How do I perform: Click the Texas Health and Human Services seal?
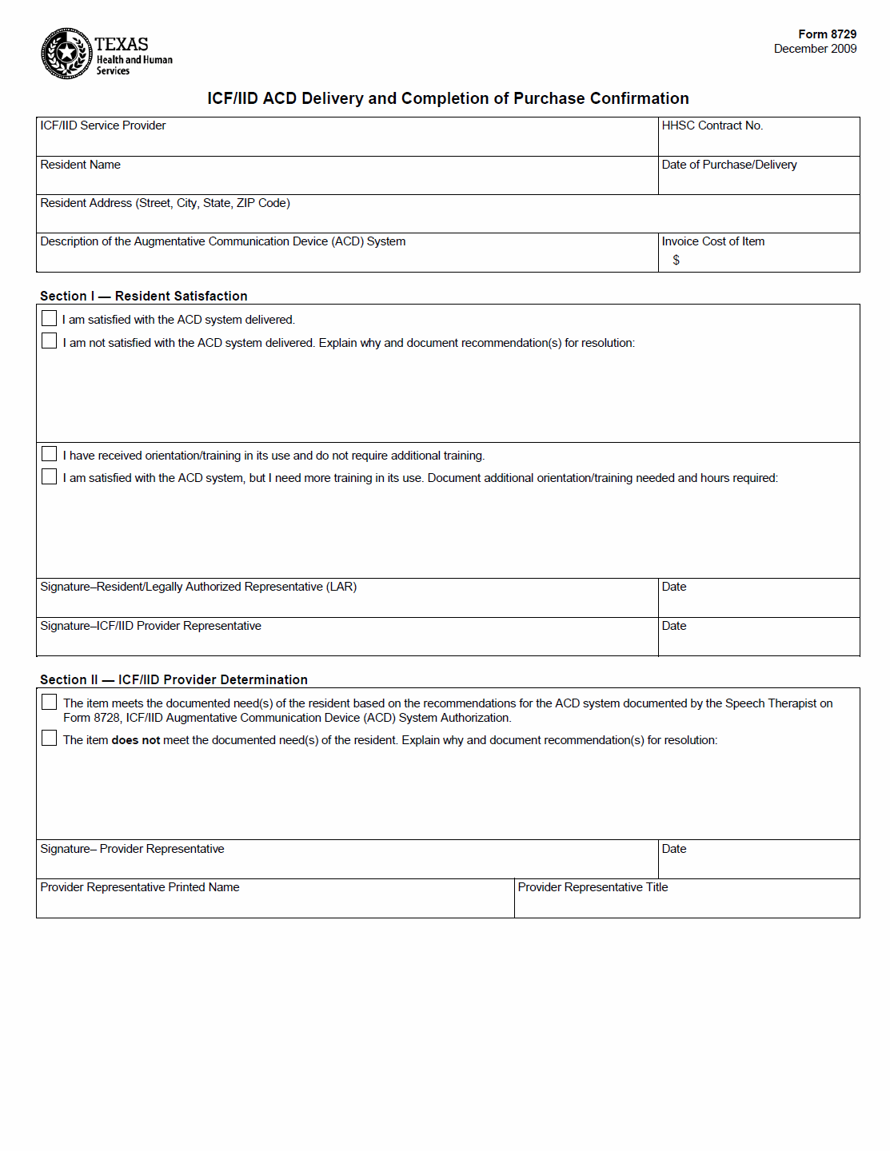tap(66, 54)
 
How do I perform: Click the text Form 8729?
tap(827, 34)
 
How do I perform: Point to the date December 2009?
tap(815, 49)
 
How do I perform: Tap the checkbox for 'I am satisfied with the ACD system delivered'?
tap(50, 318)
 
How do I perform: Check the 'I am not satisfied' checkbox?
tap(50, 341)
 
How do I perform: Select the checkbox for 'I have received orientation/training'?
tap(50, 454)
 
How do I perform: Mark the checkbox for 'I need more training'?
tap(50, 476)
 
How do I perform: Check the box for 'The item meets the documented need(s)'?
tap(50, 702)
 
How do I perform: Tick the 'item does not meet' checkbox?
tap(50, 738)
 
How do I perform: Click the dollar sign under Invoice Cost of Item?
tap(676, 260)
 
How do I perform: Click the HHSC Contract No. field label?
tap(712, 125)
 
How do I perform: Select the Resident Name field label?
tap(80, 165)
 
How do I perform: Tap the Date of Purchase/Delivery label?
tap(728, 165)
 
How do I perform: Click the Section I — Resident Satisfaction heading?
tap(144, 296)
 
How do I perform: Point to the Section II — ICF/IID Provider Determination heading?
tap(174, 679)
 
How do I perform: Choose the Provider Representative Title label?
tap(593, 887)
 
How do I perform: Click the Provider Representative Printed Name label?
tap(140, 887)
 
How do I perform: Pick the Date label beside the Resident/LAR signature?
tap(674, 587)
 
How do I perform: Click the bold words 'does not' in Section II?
tap(136, 740)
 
